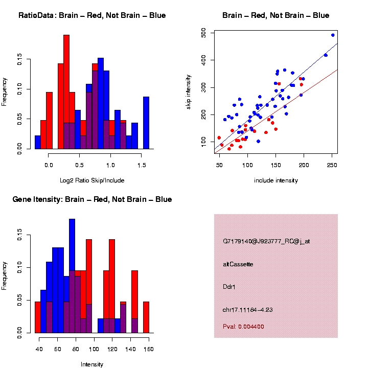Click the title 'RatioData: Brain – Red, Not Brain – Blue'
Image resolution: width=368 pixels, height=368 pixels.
tap(92, 15)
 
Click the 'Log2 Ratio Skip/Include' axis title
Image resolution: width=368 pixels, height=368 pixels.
tap(92, 180)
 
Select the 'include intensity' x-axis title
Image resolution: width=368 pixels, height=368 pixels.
tap(275, 180)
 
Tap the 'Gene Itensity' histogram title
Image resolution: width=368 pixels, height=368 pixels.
tap(92, 199)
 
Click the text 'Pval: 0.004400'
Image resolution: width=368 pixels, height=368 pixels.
tap(244, 326)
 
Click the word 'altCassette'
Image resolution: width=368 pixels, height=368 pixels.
tap(238, 264)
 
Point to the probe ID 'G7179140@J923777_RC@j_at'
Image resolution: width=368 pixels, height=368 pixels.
tap(266, 241)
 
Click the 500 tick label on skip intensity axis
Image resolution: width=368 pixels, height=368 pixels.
tap(204, 33)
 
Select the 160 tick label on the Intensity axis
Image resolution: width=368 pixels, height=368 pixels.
tap(148, 350)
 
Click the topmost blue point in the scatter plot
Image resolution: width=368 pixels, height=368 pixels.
tap(333, 35)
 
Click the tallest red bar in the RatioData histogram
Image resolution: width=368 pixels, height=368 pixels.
tap(66, 92)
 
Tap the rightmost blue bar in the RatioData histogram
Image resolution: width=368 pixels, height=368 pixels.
tap(146, 123)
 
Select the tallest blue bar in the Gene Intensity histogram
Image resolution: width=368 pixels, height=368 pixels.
tap(72, 276)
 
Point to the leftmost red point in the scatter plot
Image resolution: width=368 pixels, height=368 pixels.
tap(219, 137)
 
